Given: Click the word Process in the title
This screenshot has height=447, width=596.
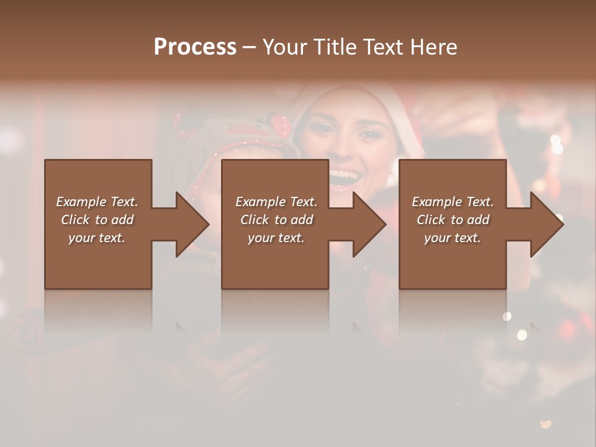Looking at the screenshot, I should tap(195, 47).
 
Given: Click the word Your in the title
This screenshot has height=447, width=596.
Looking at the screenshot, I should tap(282, 47).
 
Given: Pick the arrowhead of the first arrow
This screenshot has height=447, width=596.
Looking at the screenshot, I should tap(192, 224).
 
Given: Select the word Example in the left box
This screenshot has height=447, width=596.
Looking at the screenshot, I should tap(81, 202).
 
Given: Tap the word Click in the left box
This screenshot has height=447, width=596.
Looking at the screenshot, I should tap(75, 220).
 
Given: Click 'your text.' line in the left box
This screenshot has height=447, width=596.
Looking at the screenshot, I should tap(97, 238).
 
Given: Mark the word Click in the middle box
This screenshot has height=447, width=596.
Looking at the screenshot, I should tap(255, 220).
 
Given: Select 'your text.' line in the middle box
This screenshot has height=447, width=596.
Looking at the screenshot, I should tap(276, 238).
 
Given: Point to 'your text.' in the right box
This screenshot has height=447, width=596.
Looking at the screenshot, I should tap(453, 238).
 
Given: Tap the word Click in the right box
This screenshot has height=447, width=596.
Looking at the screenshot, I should tap(431, 220).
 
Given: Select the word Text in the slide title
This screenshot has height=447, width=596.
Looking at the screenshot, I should tap(381, 47).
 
